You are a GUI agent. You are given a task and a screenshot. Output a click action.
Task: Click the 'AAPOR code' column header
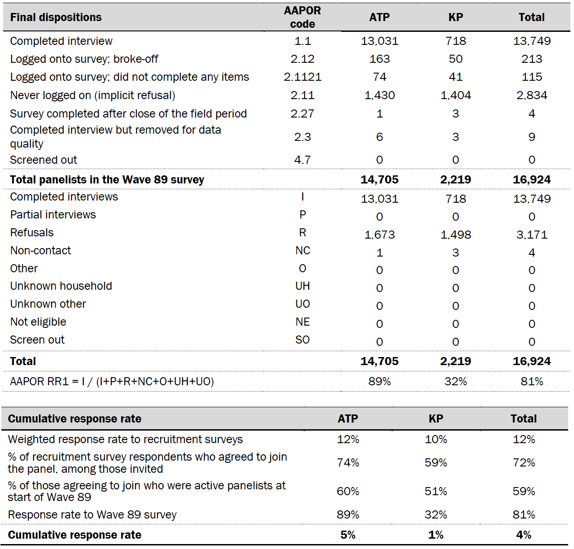pyautogui.click(x=302, y=17)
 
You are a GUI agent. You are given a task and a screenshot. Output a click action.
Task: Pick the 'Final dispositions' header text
pyautogui.click(x=56, y=17)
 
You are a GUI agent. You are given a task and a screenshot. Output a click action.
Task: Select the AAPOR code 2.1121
pyautogui.click(x=302, y=77)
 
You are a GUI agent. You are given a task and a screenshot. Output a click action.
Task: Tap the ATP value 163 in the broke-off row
pyautogui.click(x=379, y=59)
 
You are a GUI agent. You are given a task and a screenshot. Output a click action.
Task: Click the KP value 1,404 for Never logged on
pyautogui.click(x=456, y=96)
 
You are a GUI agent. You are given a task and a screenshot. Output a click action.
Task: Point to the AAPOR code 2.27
pyautogui.click(x=302, y=113)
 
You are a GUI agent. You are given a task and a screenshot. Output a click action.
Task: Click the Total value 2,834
pyautogui.click(x=531, y=96)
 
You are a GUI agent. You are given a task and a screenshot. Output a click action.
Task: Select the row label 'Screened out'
pyautogui.click(x=43, y=160)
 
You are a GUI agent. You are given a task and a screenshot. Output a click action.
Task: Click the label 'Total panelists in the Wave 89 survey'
pyautogui.click(x=107, y=180)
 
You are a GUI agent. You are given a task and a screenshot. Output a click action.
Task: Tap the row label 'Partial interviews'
pyautogui.click(x=53, y=215)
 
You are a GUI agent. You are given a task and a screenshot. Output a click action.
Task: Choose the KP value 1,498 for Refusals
pyautogui.click(x=456, y=235)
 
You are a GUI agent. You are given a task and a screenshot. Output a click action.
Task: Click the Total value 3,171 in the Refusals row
pyautogui.click(x=531, y=235)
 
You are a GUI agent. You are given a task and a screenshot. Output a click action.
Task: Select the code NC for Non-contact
pyautogui.click(x=302, y=251)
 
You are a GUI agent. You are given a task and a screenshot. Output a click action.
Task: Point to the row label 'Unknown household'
pyautogui.click(x=61, y=286)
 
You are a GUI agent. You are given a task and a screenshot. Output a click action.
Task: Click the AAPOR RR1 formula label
pyautogui.click(x=112, y=382)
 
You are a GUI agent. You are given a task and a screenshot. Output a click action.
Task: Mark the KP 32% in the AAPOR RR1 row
pyautogui.click(x=456, y=382)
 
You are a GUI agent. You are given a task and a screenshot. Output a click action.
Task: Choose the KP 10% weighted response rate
pyautogui.click(x=436, y=440)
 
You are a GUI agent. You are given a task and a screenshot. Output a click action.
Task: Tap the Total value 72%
pyautogui.click(x=524, y=463)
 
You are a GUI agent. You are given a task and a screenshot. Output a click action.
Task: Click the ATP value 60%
pyautogui.click(x=348, y=492)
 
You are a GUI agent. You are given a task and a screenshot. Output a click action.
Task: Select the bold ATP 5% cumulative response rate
pyautogui.click(x=348, y=535)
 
